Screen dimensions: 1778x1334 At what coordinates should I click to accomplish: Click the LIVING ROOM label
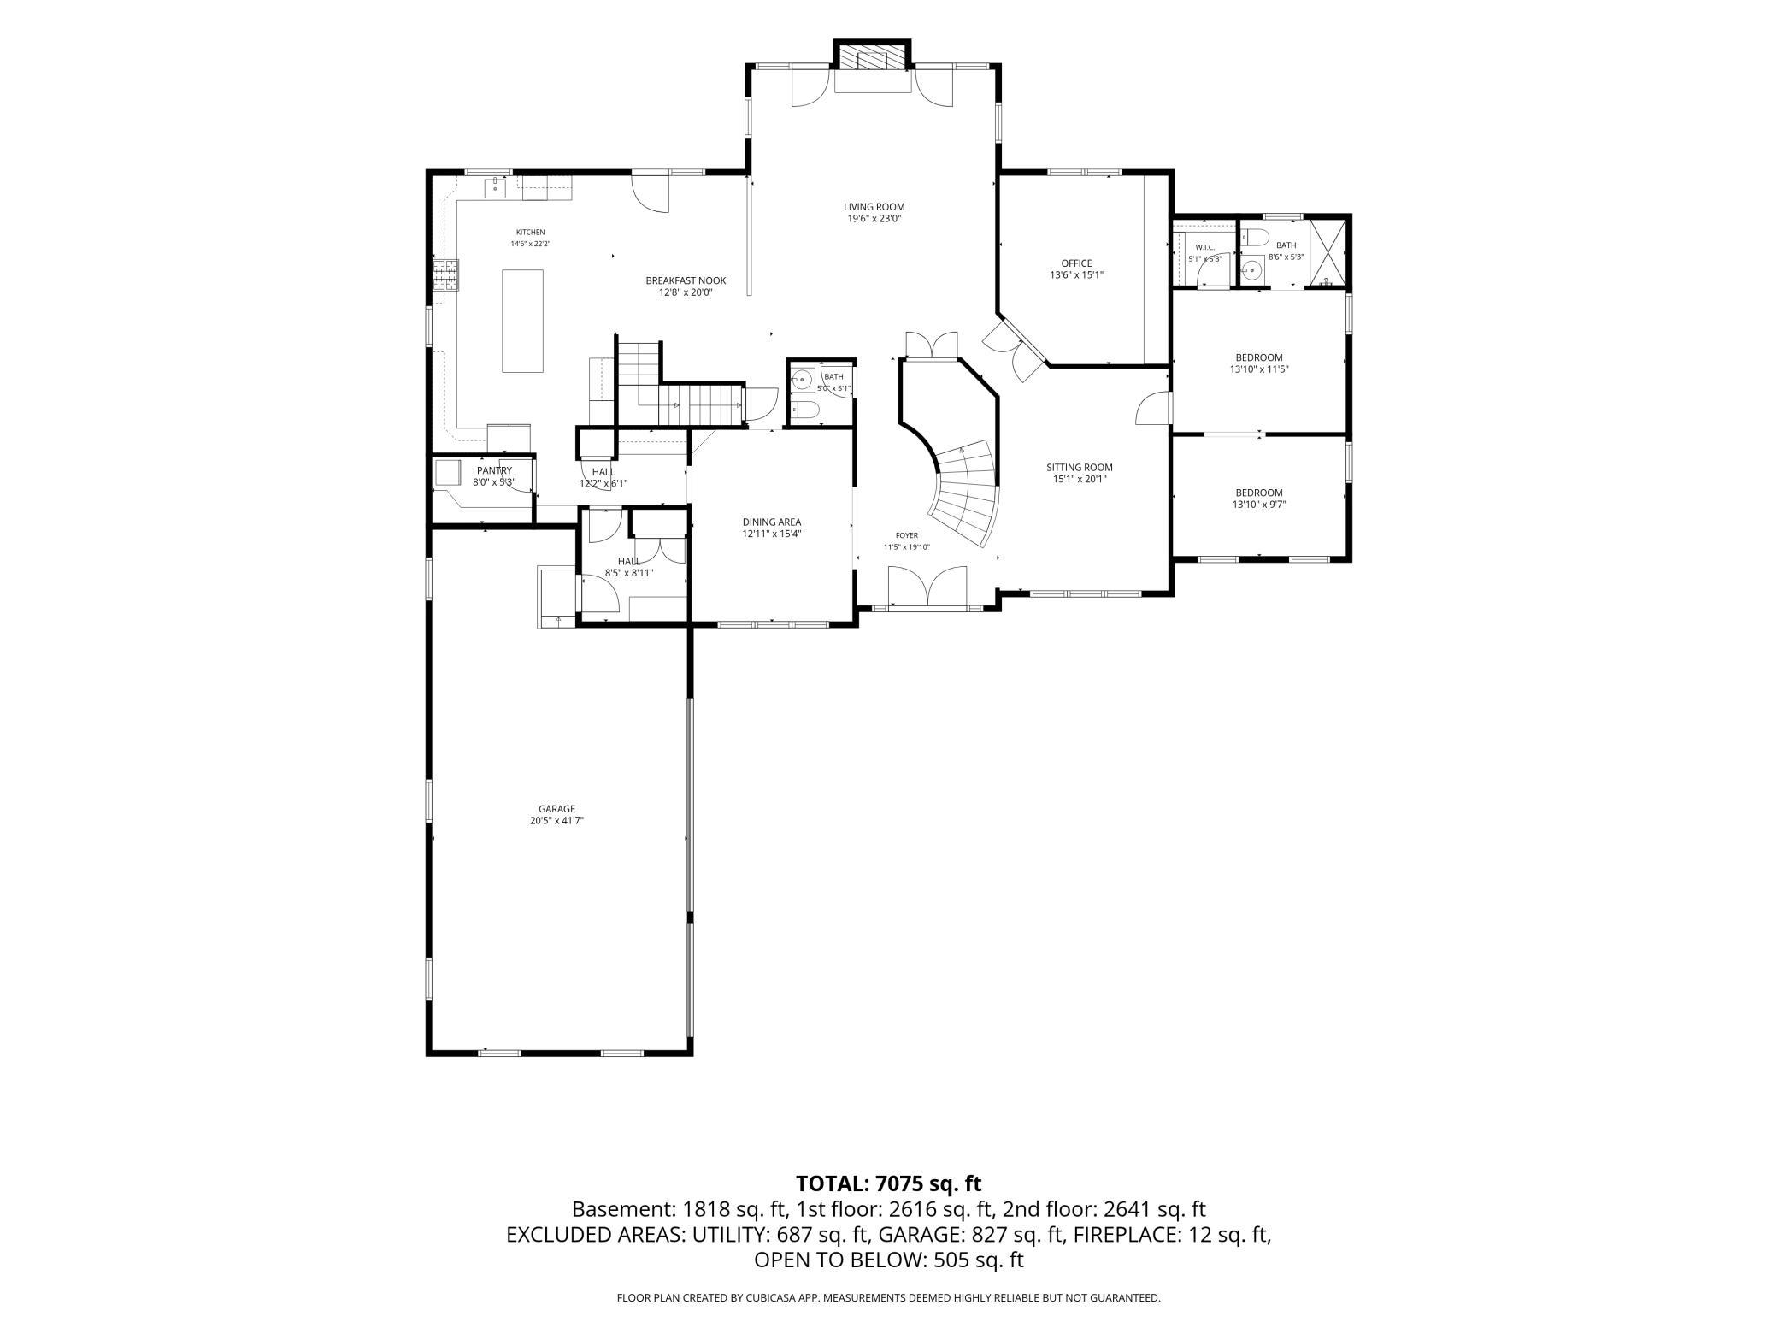(x=874, y=207)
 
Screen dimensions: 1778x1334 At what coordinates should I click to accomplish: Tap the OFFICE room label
(x=1076, y=263)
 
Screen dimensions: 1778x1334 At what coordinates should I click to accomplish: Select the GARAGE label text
(x=556, y=809)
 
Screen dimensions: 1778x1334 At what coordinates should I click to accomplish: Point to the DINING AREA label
(x=771, y=522)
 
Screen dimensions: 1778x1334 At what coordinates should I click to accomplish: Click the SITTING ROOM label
(x=1080, y=468)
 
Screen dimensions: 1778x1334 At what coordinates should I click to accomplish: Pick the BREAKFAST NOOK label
(x=686, y=280)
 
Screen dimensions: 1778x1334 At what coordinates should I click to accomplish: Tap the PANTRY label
(x=494, y=470)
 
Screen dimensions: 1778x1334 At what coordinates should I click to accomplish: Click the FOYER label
(x=906, y=536)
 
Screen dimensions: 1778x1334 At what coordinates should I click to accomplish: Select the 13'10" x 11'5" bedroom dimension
(x=1258, y=369)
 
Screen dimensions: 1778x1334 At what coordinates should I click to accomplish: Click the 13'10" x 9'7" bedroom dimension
(x=1258, y=505)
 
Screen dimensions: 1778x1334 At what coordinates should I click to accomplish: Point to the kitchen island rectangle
(x=522, y=321)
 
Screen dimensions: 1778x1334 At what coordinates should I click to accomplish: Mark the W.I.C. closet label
(x=1204, y=247)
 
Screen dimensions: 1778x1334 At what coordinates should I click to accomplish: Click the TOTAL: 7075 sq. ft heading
(x=888, y=1183)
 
